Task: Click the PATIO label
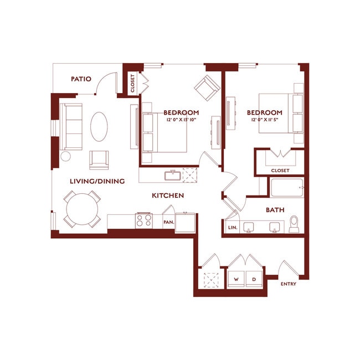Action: [x=81, y=79]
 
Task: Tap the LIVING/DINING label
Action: [x=97, y=181]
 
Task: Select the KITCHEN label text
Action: [x=168, y=196]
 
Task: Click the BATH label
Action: [x=275, y=210]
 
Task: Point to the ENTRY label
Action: [x=289, y=284]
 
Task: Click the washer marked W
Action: [x=236, y=279]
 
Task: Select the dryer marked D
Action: [x=254, y=279]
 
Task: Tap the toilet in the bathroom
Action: [x=295, y=224]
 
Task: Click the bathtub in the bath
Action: [x=286, y=188]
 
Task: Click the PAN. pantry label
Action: [x=168, y=223]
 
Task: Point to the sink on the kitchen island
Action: [x=173, y=177]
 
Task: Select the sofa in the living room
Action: [x=70, y=126]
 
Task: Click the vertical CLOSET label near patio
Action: [x=132, y=84]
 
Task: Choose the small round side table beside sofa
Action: [x=65, y=156]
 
